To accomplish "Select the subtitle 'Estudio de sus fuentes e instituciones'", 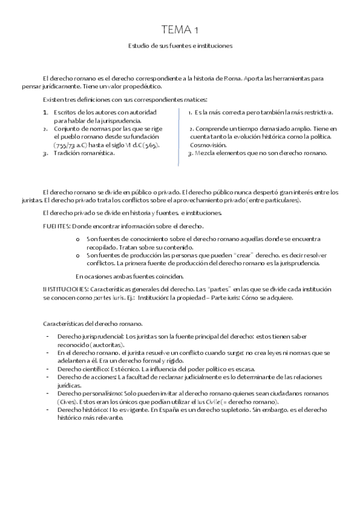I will [180, 45].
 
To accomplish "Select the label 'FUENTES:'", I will [56, 226].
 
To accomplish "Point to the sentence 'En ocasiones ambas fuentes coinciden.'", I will [129, 276].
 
